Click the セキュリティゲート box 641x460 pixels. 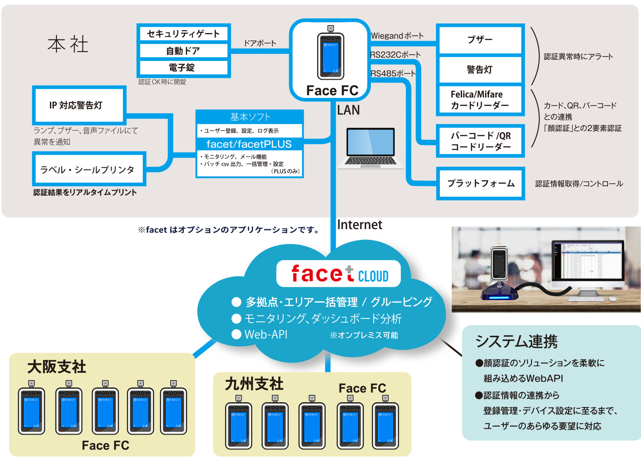click(x=184, y=34)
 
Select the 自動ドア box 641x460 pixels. click(x=184, y=51)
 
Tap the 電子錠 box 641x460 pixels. click(x=184, y=68)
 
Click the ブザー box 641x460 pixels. click(x=480, y=40)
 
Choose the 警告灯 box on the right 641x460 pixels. click(x=480, y=69)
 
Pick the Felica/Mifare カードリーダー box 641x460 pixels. click(x=480, y=100)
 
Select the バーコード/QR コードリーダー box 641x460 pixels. click(x=480, y=141)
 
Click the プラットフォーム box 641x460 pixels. click(x=480, y=183)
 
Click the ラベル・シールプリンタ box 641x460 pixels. click(x=89, y=169)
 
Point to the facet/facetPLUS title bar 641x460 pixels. click(x=249, y=144)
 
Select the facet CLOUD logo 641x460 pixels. click(x=339, y=274)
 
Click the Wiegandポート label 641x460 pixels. click(x=397, y=36)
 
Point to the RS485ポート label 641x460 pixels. click(x=393, y=73)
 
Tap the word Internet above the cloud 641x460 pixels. click(x=360, y=225)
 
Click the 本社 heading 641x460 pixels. click(x=68, y=44)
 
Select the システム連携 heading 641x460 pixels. click(x=516, y=341)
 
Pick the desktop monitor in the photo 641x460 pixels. click(x=588, y=262)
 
